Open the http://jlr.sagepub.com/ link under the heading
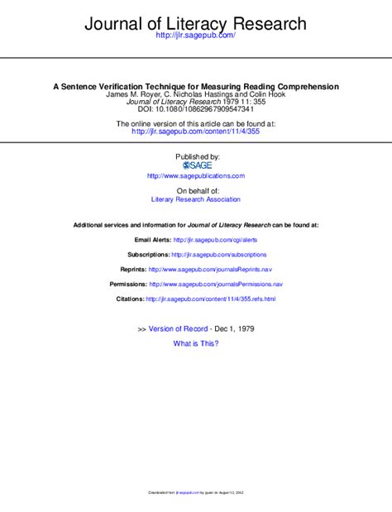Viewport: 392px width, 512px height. click(195, 36)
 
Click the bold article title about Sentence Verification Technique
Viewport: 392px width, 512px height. click(196, 86)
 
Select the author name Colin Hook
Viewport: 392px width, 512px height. click(264, 94)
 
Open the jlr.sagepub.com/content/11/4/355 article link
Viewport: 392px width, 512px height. click(195, 131)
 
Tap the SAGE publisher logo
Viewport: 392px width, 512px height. click(197, 165)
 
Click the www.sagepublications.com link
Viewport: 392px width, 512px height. click(196, 176)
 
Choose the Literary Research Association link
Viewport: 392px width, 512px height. click(196, 199)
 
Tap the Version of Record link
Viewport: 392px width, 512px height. click(178, 328)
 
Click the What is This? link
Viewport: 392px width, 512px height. click(196, 343)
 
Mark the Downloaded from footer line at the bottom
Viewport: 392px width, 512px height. click(196, 493)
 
